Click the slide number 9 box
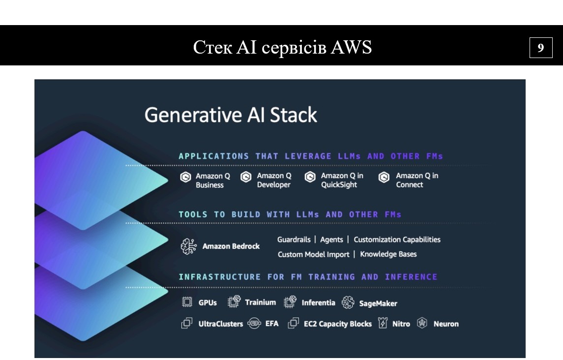540,48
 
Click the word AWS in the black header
351,47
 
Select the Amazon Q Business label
209,180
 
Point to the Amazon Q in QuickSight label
342,180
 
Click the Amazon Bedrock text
231,246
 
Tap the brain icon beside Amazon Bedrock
188,246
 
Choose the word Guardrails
294,240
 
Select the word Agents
331,240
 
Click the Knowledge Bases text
388,254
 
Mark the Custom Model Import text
313,254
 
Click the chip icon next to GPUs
187,302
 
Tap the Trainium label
260,302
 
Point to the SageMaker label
378,303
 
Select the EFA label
271,324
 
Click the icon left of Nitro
383,323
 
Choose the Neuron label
445,324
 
